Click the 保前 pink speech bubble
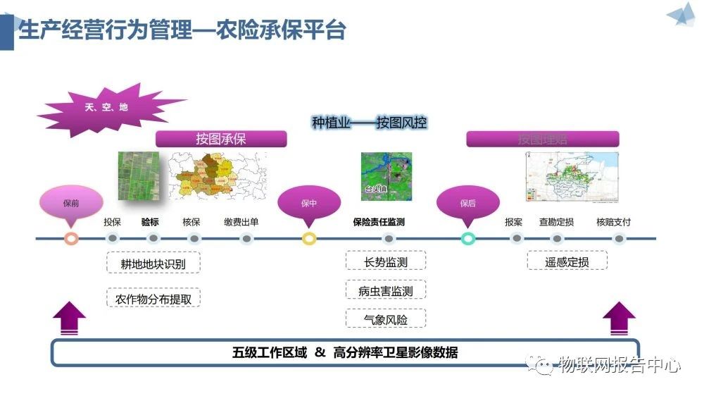70,203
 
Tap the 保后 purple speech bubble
468,203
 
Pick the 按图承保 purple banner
221,139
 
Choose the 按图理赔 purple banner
543,139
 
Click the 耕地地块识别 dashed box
153,264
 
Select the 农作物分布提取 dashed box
153,298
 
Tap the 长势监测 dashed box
386,262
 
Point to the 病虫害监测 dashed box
386,290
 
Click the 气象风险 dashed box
386,319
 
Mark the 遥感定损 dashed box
567,262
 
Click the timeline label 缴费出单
241,222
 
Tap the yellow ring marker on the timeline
309,239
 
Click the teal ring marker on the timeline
468,239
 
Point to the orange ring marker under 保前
70,239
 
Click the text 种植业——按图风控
369,122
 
